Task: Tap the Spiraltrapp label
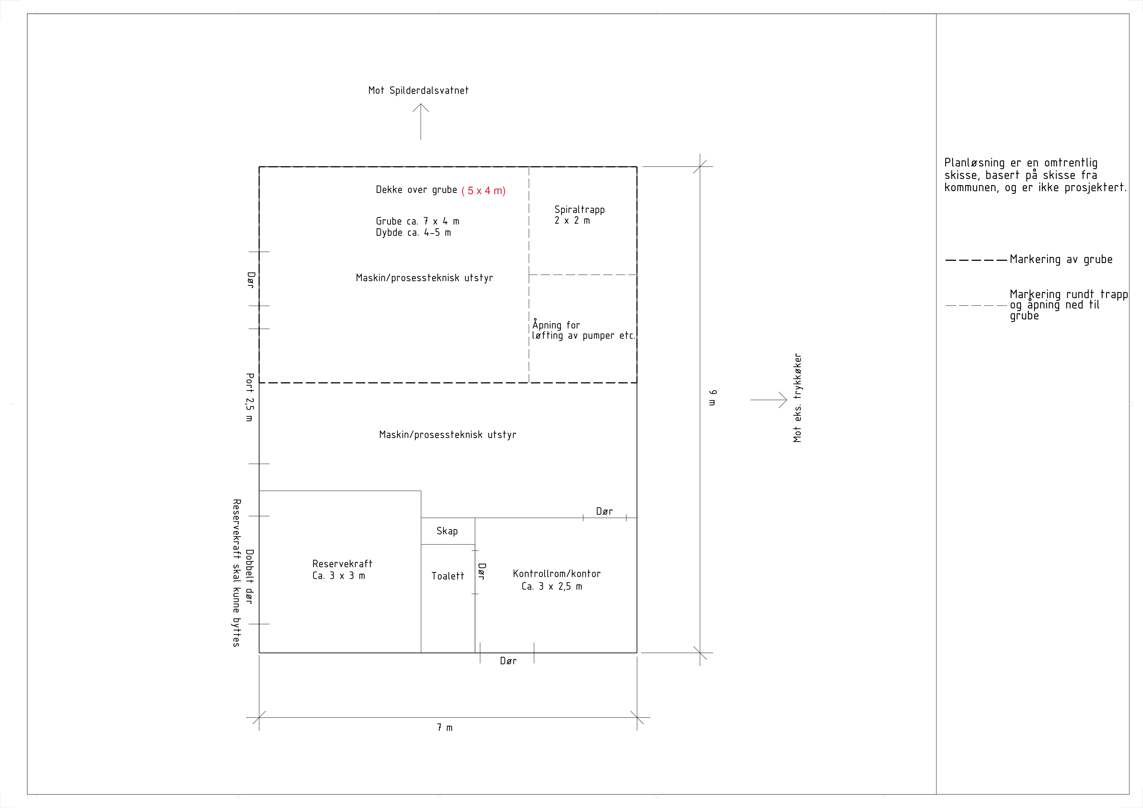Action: (580, 210)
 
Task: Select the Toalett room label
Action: (448, 576)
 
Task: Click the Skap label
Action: (447, 531)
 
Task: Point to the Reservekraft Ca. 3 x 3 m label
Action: (342, 569)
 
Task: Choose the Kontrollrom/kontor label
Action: (557, 574)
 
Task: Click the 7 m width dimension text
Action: (445, 728)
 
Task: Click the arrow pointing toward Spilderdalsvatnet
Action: (421, 122)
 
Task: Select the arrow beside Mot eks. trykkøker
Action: (769, 400)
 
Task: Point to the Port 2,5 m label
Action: (249, 397)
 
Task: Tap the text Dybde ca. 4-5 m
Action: (413, 233)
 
